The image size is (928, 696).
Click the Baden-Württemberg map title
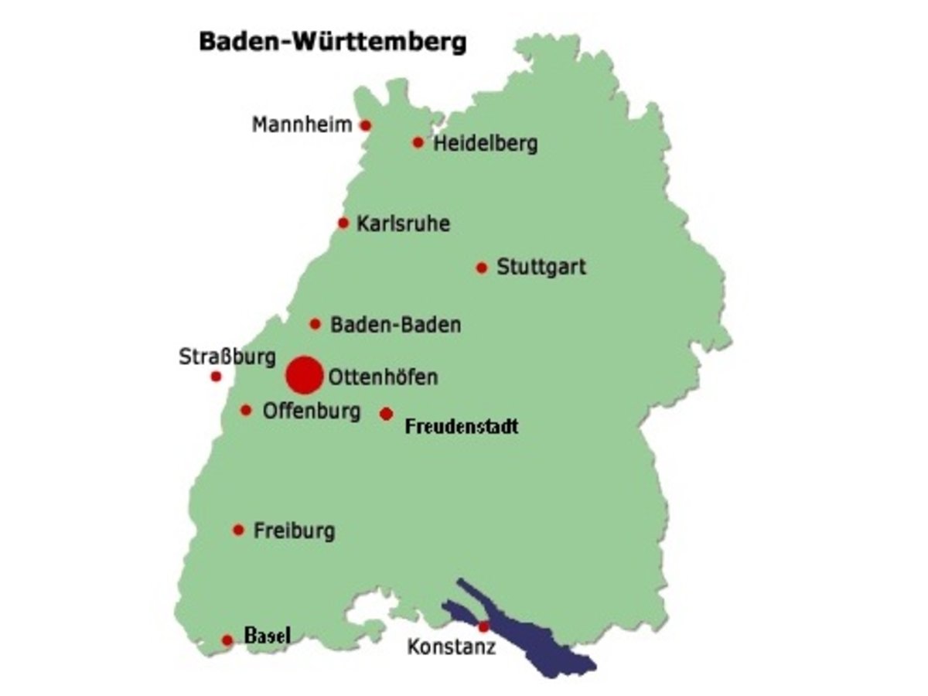(333, 42)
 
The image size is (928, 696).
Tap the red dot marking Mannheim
(366, 125)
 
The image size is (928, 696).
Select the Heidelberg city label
(485, 144)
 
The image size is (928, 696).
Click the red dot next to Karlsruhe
(343, 223)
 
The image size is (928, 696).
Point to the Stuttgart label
(541, 268)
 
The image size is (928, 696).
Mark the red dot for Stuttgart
(482, 268)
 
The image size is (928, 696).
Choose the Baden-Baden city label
(395, 325)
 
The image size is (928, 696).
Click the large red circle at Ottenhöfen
(304, 375)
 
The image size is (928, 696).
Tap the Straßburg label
(227, 358)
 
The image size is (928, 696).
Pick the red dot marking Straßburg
(216, 377)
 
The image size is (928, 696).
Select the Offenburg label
(312, 411)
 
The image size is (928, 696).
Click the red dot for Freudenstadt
(386, 414)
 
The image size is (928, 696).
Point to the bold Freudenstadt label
(462, 426)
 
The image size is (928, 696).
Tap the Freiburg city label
(294, 531)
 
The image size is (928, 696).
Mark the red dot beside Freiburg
(238, 530)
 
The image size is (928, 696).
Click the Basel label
(268, 636)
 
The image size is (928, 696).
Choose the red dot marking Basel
(227, 640)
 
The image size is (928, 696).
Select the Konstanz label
(452, 647)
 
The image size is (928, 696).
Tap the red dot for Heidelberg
(418, 142)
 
